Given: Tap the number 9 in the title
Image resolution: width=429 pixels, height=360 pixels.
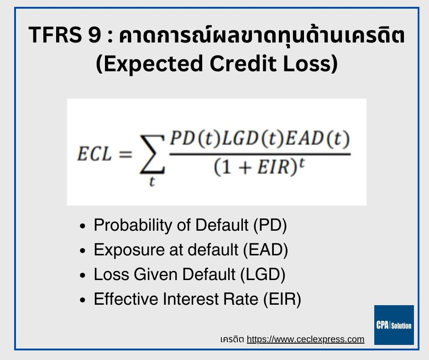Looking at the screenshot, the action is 94,35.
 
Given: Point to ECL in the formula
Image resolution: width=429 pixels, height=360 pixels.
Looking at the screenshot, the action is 94,154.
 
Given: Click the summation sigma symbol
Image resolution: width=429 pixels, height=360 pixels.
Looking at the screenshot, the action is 152,154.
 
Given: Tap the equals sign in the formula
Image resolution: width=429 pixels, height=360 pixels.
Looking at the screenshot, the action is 126,154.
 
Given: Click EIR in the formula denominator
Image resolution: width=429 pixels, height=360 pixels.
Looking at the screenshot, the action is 273,167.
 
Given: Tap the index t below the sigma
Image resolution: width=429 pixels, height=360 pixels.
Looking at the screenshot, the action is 152,181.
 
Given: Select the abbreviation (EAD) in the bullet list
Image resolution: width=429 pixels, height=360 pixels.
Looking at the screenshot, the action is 266,250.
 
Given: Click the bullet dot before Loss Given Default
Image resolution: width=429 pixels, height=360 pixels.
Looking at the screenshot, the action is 83,275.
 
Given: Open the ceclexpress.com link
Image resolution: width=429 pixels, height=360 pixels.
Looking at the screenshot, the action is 305,339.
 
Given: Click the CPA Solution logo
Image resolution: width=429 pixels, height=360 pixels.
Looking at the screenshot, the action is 394,325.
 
